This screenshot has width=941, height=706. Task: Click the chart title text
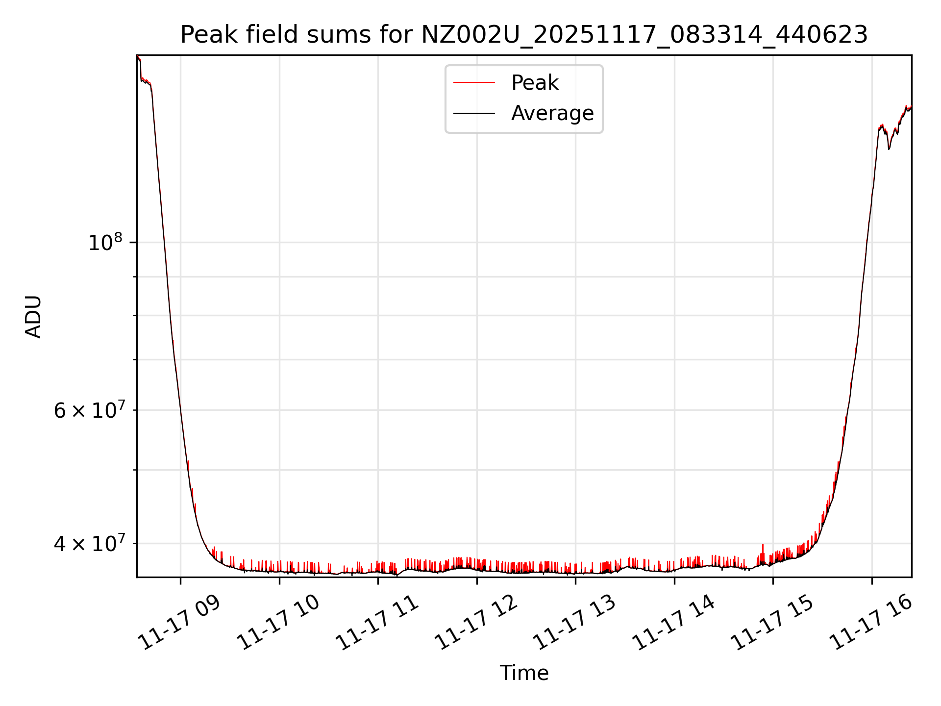(524, 35)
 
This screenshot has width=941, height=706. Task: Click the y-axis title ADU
(33, 317)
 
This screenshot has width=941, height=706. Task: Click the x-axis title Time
(524, 673)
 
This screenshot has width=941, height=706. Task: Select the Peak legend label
(534, 83)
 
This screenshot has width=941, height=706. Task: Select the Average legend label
(552, 113)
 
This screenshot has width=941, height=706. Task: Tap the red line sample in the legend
(474, 83)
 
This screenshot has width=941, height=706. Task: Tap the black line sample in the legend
(474, 113)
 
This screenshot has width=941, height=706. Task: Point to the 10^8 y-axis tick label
(105, 242)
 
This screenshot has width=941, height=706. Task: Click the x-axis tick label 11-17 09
(179, 623)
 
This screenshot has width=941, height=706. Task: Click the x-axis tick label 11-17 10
(278, 623)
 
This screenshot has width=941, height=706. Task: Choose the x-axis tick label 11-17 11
(377, 623)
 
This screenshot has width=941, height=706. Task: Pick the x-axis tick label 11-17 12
(476, 623)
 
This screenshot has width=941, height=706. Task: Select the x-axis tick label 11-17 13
(574, 623)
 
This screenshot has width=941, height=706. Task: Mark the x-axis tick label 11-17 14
(673, 623)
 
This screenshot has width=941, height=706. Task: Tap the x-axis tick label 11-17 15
(772, 623)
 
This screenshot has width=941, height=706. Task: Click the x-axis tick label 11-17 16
(871, 623)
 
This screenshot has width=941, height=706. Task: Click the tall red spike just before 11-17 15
(763, 546)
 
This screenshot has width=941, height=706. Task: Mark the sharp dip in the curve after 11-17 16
(889, 148)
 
